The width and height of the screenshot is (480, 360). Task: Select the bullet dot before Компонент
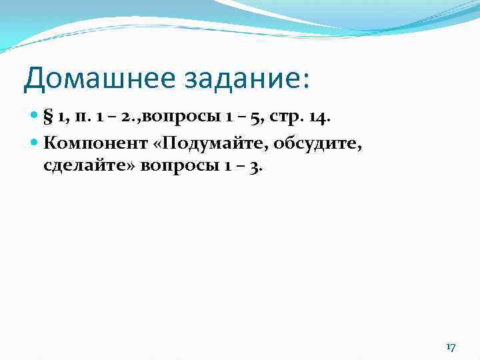pyautogui.click(x=35, y=143)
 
